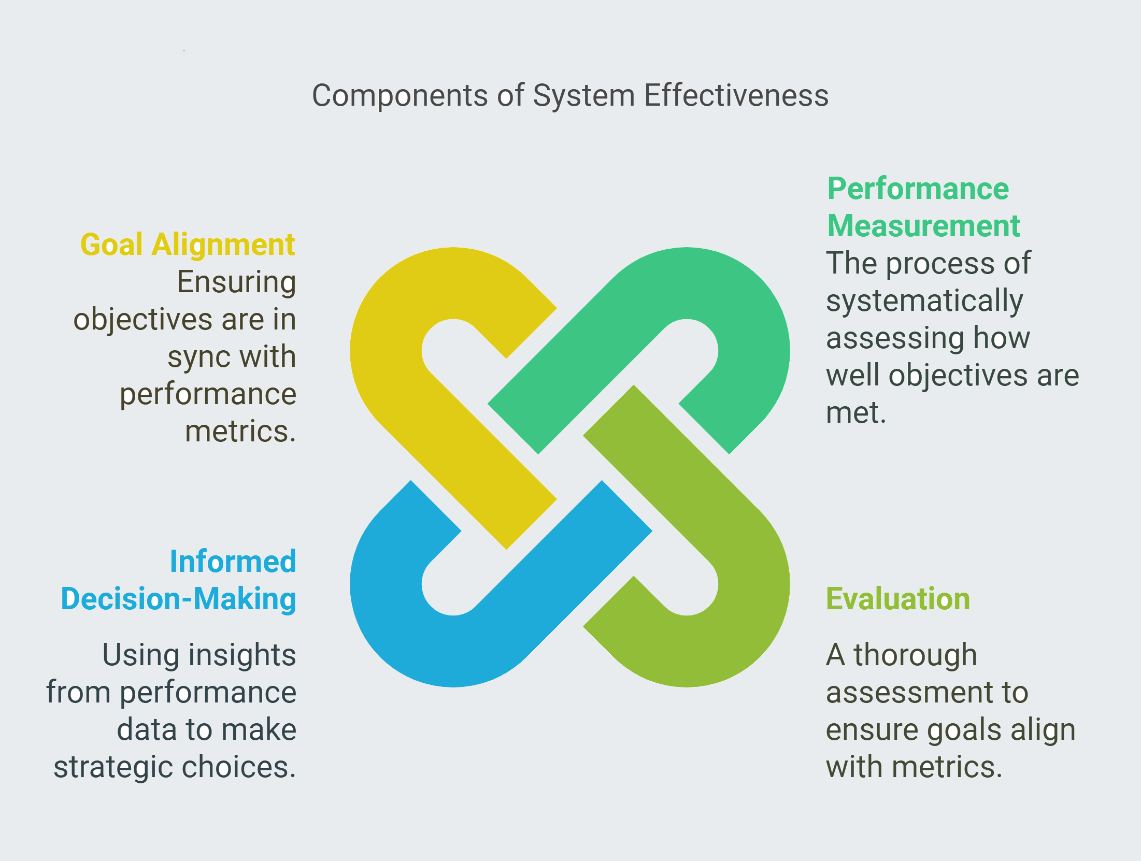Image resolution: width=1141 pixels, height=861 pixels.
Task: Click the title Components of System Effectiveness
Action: pos(570,96)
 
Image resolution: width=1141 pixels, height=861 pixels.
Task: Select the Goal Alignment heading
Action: pos(188,245)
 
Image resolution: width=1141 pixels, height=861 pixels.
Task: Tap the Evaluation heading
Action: pos(897,599)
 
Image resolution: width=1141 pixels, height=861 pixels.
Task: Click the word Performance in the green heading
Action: pos(918,189)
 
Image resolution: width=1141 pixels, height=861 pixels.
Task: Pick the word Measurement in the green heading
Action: pos(923,226)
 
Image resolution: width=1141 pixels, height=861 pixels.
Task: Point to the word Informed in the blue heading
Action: pos(233,562)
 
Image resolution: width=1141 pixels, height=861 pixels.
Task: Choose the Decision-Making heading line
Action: pos(179,599)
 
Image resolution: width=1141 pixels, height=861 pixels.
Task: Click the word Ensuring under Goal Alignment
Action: pos(236,282)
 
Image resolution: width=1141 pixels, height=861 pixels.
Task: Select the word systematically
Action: pos(924,301)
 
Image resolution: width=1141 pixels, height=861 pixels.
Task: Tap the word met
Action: pos(855,413)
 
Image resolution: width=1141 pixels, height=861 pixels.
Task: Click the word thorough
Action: pos(915,655)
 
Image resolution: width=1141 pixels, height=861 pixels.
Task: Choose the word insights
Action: pos(243,655)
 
